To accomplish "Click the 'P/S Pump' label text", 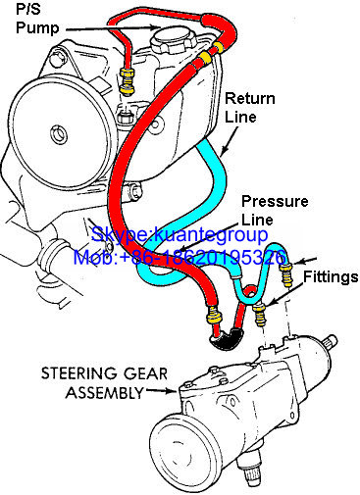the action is pyautogui.click(x=37, y=19).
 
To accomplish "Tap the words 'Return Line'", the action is pyautogui.click(x=250, y=108).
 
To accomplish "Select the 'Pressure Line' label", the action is pyautogui.click(x=275, y=211).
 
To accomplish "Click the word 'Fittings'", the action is pyautogui.click(x=331, y=277).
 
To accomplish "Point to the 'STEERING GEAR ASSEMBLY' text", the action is pyautogui.click(x=104, y=382).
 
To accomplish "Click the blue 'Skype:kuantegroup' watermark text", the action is pyautogui.click(x=180, y=234).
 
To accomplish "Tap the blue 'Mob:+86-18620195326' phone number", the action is pyautogui.click(x=180, y=257).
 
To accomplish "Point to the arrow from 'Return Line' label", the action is pyautogui.click(x=230, y=140).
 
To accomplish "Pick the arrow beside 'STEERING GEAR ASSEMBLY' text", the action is pyautogui.click(x=161, y=390).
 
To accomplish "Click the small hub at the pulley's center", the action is pyautogui.click(x=59, y=134).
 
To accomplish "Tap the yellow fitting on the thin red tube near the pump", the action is pyautogui.click(x=126, y=80).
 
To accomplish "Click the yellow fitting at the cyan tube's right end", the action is pyautogui.click(x=285, y=274).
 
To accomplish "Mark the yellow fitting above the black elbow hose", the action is pyautogui.click(x=214, y=317).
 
